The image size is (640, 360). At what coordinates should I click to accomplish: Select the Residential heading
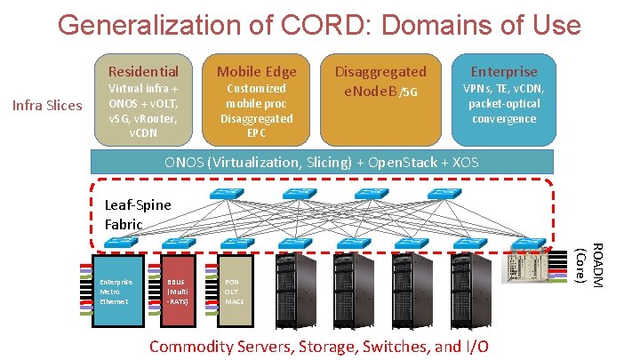tap(143, 71)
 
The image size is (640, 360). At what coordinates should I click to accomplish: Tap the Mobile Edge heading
tap(257, 71)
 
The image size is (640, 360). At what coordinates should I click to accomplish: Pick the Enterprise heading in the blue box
tap(504, 71)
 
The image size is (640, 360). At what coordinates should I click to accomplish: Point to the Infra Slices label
tap(46, 106)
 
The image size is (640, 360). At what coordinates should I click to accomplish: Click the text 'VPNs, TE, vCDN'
tap(504, 89)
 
